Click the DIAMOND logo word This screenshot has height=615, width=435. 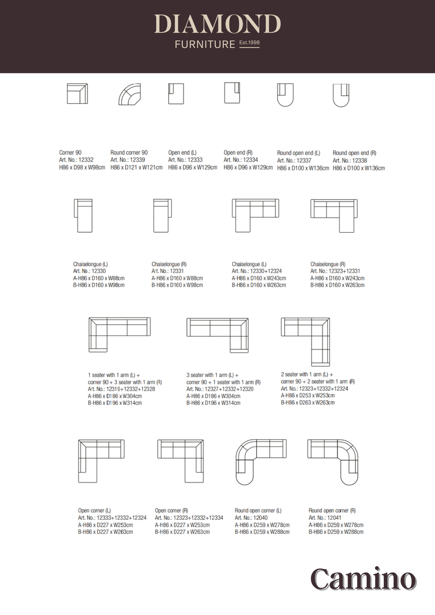217,24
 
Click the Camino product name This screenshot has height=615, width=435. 363,579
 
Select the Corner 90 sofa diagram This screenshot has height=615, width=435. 77,94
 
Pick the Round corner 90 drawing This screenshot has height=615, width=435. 130,94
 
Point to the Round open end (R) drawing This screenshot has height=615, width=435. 341,95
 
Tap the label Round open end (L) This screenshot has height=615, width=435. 298,153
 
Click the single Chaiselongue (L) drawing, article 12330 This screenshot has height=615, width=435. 83,215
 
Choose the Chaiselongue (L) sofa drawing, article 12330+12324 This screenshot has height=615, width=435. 255,215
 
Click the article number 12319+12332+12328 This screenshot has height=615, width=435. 121,389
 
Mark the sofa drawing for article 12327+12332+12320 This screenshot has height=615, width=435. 217,334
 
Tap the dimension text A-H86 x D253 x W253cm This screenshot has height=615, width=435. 308,395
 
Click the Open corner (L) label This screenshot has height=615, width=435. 95,511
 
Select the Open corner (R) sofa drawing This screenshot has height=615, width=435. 180,461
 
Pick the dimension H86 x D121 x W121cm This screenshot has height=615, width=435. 136,168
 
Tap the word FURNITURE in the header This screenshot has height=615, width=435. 204,44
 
